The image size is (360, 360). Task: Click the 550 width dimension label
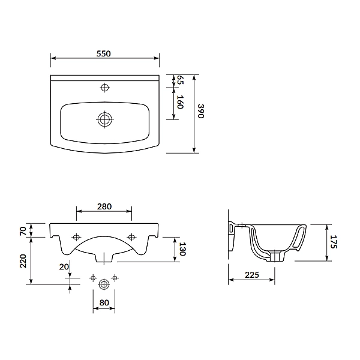click(x=104, y=53)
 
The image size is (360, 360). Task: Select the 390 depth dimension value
click(x=201, y=111)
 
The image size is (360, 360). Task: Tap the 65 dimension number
click(x=181, y=80)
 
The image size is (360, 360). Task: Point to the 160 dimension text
click(x=181, y=102)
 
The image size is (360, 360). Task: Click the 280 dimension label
click(x=104, y=206)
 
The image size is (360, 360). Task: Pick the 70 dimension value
click(x=23, y=231)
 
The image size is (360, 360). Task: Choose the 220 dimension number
click(x=23, y=261)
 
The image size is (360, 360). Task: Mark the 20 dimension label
click(x=64, y=266)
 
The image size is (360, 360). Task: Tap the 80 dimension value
click(x=104, y=302)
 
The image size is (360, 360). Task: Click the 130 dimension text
click(x=182, y=249)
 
